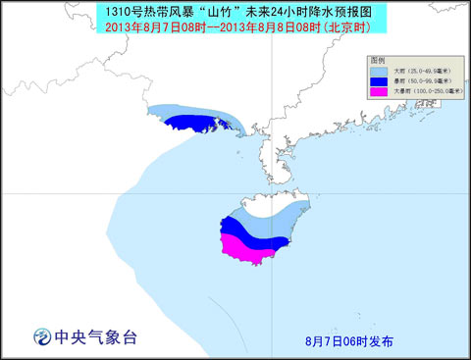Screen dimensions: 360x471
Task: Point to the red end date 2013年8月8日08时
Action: [x=280, y=26]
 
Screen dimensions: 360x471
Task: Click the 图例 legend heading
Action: [x=379, y=60]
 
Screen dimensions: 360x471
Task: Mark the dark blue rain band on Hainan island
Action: [x=249, y=232]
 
